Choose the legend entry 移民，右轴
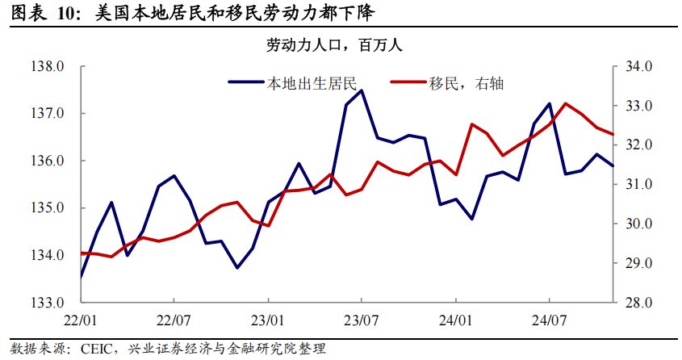[467, 82]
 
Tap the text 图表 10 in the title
[40, 13]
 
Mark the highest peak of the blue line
[361, 90]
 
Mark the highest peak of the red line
[565, 103]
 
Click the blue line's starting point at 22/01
[81, 276]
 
